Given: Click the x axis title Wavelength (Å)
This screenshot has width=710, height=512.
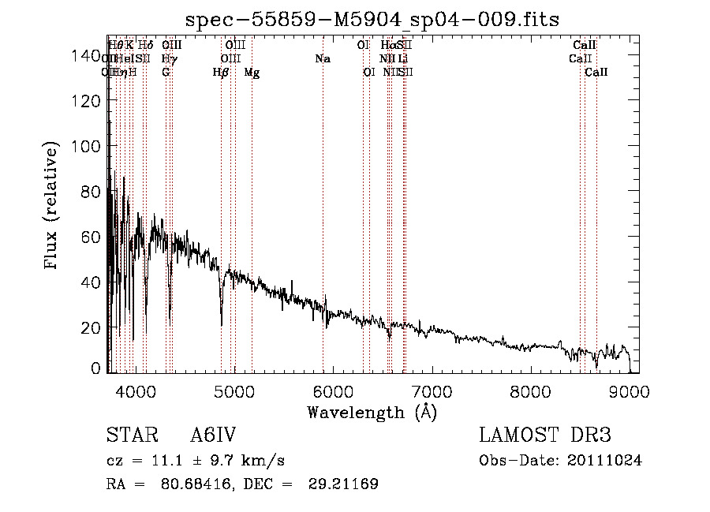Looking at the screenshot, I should click(x=372, y=412).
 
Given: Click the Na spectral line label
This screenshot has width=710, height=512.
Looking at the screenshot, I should click(x=322, y=58).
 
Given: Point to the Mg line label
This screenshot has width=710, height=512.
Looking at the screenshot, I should click(x=252, y=73).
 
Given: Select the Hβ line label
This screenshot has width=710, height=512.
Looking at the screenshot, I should click(x=221, y=73).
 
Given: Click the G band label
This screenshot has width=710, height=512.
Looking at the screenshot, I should click(x=166, y=73).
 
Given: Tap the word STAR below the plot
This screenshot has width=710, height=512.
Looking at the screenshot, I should click(x=126, y=435).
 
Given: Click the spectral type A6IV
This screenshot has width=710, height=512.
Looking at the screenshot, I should click(x=213, y=435).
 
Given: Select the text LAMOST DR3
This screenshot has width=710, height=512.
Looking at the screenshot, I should click(x=545, y=435).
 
